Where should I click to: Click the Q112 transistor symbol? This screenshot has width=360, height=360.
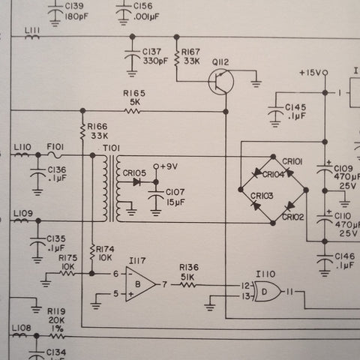tap(221, 82)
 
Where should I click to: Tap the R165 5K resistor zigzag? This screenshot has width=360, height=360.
tap(133, 111)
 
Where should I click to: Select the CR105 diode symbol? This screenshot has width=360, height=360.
tap(137, 182)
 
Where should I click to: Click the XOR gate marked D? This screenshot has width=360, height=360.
tap(267, 291)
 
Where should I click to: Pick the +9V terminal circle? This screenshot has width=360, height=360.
tap(156, 166)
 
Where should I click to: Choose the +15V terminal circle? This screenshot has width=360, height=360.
tap(325, 73)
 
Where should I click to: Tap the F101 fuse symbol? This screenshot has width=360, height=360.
tap(55, 155)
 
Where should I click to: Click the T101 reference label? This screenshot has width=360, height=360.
tap(111, 148)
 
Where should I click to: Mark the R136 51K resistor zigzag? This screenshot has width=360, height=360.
tap(188, 284)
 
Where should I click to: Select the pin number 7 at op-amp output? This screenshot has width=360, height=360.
tap(164, 284)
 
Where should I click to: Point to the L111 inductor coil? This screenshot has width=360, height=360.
tap(32, 37)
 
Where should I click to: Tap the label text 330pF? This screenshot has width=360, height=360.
tap(155, 61)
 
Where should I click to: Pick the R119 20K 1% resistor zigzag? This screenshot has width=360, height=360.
tap(58, 336)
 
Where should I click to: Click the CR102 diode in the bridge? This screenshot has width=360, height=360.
tap(290, 206)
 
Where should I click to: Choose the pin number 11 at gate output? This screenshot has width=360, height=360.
tap(289, 292)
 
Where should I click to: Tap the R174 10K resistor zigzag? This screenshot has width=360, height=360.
tap(92, 253)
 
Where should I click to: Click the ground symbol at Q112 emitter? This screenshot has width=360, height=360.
tap(256, 83)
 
